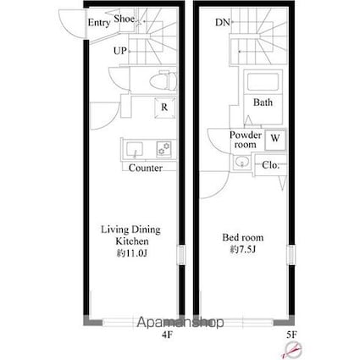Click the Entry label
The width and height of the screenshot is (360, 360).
(99, 22)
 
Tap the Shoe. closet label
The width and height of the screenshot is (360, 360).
(125, 19)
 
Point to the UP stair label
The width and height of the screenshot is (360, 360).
(120, 51)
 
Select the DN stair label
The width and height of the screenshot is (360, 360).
(223, 22)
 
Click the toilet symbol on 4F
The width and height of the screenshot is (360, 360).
(163, 80)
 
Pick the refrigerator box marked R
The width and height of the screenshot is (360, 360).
(165, 108)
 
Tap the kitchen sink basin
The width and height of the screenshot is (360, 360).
(135, 149)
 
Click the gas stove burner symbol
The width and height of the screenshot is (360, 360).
(164, 149)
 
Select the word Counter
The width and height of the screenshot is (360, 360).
(146, 168)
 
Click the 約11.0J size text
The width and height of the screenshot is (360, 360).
(131, 253)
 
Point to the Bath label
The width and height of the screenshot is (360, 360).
(263, 102)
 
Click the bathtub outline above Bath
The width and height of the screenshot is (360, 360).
(263, 82)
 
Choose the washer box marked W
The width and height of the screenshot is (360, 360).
(275, 140)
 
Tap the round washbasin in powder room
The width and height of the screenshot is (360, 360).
(241, 163)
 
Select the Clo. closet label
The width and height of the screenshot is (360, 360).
(270, 165)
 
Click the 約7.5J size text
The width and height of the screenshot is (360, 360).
(243, 249)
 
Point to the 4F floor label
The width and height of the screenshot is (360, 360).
(167, 335)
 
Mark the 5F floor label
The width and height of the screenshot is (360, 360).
(291, 335)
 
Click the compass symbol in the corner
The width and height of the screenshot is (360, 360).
(293, 349)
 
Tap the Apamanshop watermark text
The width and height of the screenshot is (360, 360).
(180, 322)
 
